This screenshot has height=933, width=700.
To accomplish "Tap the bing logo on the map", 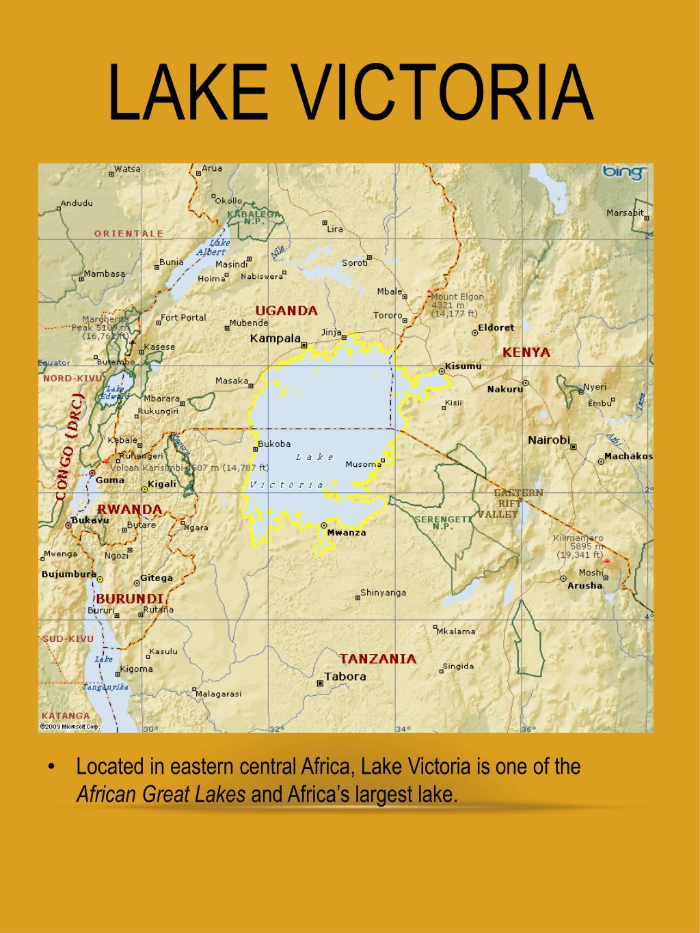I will [623, 173].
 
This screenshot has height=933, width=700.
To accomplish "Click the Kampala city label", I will [275, 338].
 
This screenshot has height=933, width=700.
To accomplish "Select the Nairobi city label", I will [548, 440].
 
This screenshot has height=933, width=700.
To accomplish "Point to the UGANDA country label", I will [286, 310].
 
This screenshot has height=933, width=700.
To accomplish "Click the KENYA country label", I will [526, 353].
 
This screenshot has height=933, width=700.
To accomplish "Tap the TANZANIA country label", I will [378, 659].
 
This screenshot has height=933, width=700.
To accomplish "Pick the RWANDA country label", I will [129, 509].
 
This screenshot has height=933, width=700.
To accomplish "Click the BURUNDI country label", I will [129, 598].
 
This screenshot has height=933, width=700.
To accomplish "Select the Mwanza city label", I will [347, 532].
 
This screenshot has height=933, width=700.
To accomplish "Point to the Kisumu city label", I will [463, 366].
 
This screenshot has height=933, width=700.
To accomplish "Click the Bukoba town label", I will [274, 444].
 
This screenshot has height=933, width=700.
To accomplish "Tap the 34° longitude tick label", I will [403, 729].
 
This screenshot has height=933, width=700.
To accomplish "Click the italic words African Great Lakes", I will [161, 794].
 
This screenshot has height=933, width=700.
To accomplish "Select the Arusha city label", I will [585, 586].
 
